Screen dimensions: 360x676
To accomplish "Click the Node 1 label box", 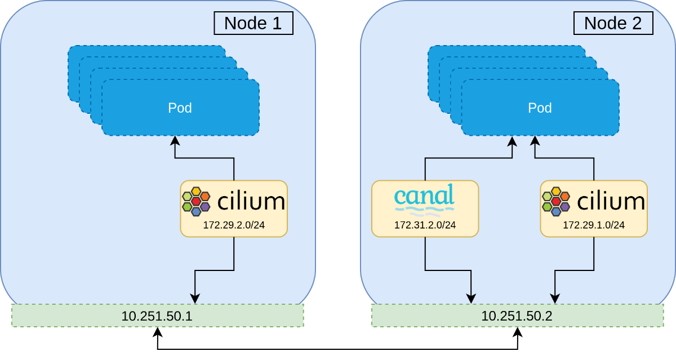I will coord(253,23).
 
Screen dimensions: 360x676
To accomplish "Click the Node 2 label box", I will coord(613,23).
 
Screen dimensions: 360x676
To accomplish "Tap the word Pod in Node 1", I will coord(180,108).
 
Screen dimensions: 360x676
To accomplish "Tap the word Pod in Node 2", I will coord(540,108).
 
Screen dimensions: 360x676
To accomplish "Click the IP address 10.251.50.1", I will coord(157,315).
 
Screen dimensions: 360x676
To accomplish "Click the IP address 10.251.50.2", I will coord(517,315).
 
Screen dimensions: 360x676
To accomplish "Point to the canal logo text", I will coord(424,195).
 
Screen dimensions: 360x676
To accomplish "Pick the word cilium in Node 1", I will coord(251,201).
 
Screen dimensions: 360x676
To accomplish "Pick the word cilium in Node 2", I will coord(611,201).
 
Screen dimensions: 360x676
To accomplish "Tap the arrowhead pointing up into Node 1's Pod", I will coord(175,140).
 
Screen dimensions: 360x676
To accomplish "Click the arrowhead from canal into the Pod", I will coord(512,140).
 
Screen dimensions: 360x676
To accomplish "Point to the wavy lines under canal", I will coord(425,212).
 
